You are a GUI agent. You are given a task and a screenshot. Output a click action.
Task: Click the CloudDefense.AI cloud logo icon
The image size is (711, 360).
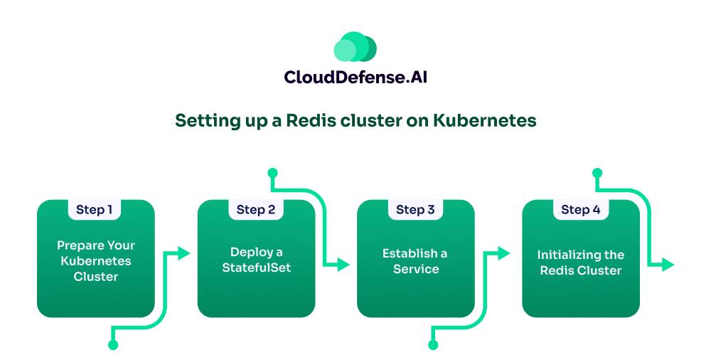(x=355, y=47)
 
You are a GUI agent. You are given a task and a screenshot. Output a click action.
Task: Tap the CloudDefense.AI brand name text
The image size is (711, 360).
(x=355, y=77)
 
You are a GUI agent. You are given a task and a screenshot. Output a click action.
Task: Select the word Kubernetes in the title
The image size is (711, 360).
(x=485, y=121)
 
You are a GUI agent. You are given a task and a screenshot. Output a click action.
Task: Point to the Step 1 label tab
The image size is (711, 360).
(x=95, y=209)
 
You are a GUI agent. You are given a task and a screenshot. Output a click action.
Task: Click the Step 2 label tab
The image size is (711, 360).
(x=256, y=209)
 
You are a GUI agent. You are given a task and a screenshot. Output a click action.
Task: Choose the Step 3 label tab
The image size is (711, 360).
(x=415, y=209)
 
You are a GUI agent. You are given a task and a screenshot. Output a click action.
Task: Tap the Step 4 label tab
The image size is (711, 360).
(x=581, y=209)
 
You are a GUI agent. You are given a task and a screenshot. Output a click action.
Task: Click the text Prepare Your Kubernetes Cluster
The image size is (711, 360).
(x=96, y=261)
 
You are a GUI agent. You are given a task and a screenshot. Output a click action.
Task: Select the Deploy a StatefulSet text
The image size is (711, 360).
(x=256, y=260)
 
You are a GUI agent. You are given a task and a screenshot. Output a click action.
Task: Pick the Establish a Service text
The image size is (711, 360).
(x=415, y=261)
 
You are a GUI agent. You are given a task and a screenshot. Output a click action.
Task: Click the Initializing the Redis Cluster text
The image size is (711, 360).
(x=581, y=263)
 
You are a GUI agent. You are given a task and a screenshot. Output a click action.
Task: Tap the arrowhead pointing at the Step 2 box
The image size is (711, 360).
(x=183, y=253)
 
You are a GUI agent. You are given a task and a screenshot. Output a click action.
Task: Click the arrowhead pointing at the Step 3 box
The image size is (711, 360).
(x=343, y=264)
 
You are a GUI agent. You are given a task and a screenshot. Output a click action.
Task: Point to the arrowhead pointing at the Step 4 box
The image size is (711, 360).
(x=504, y=253)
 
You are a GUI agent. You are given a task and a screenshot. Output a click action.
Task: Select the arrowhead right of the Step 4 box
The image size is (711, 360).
(x=668, y=264)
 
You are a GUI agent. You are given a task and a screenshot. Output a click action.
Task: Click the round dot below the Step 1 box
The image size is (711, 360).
(x=113, y=345)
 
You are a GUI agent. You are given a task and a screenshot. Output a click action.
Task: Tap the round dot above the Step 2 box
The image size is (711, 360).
(x=272, y=173)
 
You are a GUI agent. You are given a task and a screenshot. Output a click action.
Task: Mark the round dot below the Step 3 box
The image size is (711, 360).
(x=433, y=345)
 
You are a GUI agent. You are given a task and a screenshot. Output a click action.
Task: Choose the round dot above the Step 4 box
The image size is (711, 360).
(x=597, y=173)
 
